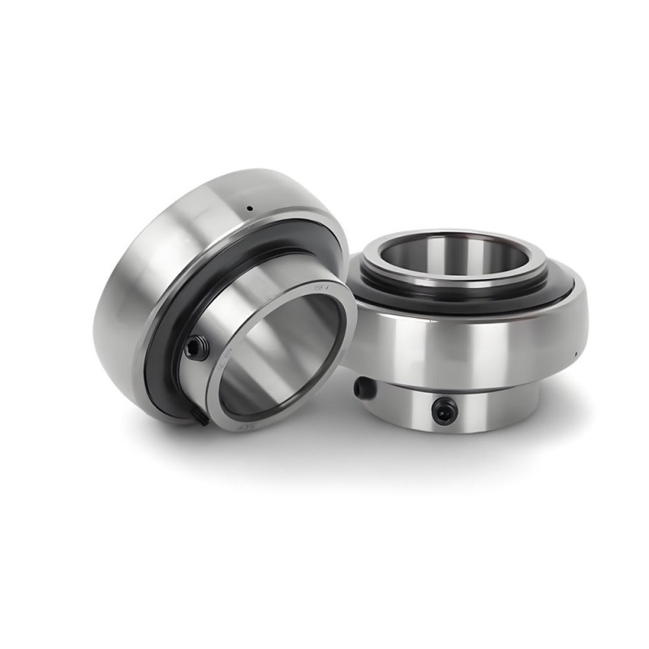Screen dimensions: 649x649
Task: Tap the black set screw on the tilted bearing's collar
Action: [x=196, y=348]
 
